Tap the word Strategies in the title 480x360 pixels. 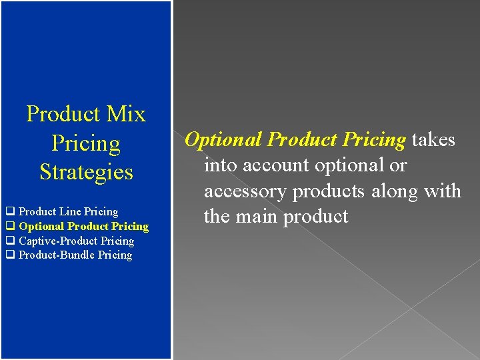[x=86, y=172]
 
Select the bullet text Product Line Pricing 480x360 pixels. [x=68, y=211]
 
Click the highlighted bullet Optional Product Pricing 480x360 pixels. [x=83, y=226]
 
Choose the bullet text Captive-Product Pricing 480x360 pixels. [x=76, y=241]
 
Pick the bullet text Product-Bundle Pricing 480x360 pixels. [x=75, y=255]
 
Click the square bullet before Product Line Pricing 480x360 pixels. [x=10, y=212]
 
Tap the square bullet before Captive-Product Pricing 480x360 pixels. [x=10, y=241]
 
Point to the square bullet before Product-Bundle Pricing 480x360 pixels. [x=10, y=255]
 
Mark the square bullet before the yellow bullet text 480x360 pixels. [x=10, y=227]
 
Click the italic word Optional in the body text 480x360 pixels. [x=223, y=140]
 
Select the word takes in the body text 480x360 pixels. [x=433, y=139]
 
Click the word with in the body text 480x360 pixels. [x=443, y=191]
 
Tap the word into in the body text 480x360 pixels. [x=219, y=165]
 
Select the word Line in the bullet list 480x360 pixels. [x=70, y=211]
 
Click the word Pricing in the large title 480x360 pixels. [x=86, y=143]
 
